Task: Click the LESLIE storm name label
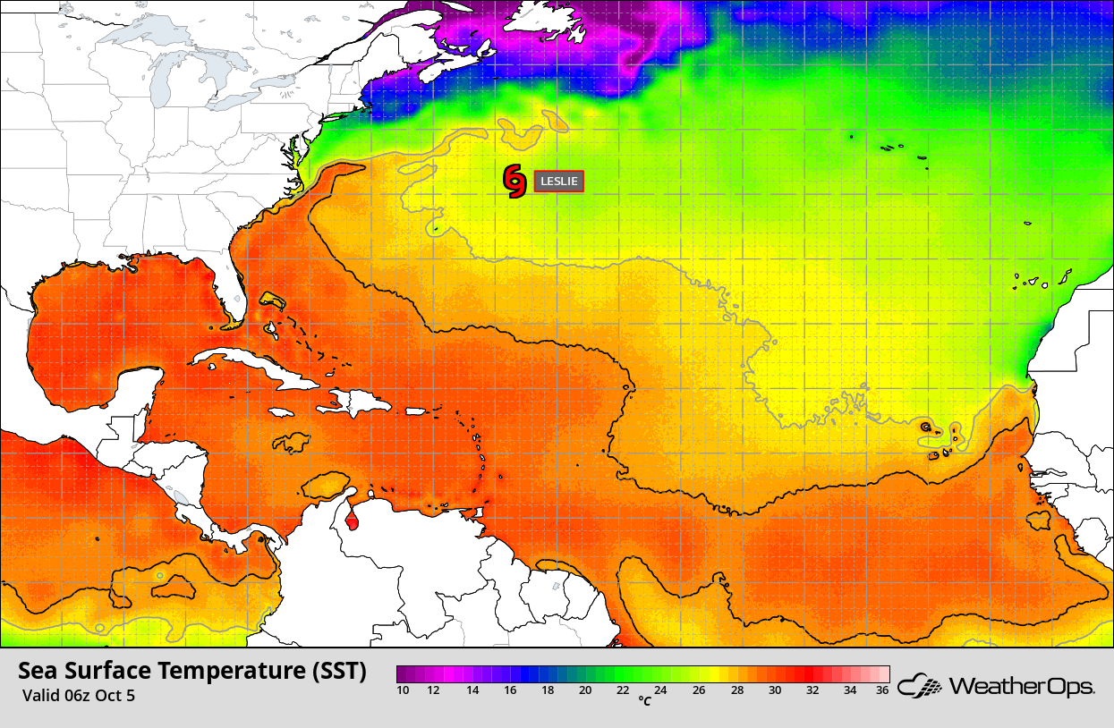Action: click(x=558, y=181)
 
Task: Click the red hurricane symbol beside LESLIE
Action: click(x=514, y=181)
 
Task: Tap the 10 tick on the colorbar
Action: click(x=403, y=690)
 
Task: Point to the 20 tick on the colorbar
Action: click(x=585, y=690)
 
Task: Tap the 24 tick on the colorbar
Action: click(x=659, y=690)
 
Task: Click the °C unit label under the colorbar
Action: click(x=644, y=701)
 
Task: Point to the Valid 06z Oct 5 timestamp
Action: click(x=79, y=695)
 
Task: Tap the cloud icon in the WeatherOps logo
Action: click(x=921, y=686)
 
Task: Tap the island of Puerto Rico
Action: click(x=417, y=411)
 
